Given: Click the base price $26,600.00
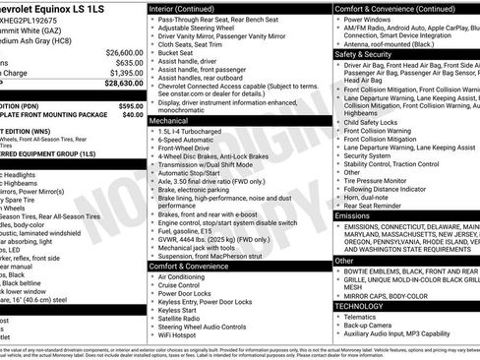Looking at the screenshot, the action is pos(117,52).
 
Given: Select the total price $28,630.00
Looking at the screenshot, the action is pos(117,85).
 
